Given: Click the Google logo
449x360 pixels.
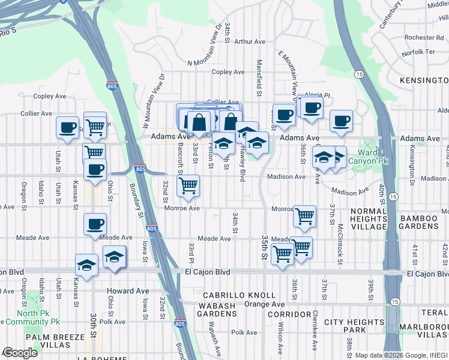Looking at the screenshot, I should click(x=20, y=353).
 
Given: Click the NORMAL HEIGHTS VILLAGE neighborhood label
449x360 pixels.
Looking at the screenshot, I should click(x=368, y=218).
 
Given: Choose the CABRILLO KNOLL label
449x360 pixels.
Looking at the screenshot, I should click(x=239, y=296).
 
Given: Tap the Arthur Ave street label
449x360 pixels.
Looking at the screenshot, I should click(x=250, y=42).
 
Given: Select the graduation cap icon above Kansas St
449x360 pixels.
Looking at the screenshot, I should click(x=87, y=265).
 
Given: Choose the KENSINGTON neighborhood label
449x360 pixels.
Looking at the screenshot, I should click(x=424, y=80).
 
